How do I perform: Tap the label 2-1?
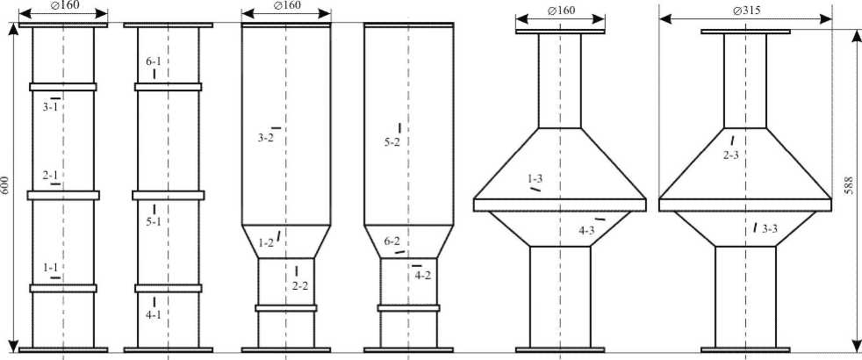(51, 176)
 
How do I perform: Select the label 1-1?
(51, 267)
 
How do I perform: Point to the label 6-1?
(154, 62)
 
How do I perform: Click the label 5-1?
(154, 222)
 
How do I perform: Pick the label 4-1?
(154, 313)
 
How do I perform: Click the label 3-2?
(266, 138)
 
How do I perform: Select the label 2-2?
(299, 285)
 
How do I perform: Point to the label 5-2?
(391, 141)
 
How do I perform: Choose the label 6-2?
(392, 241)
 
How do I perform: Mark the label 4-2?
(422, 276)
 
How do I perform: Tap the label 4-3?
(586, 230)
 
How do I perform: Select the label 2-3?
(730, 155)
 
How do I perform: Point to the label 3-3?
(770, 229)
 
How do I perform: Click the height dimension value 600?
(9, 187)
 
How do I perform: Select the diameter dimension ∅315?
(745, 11)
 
